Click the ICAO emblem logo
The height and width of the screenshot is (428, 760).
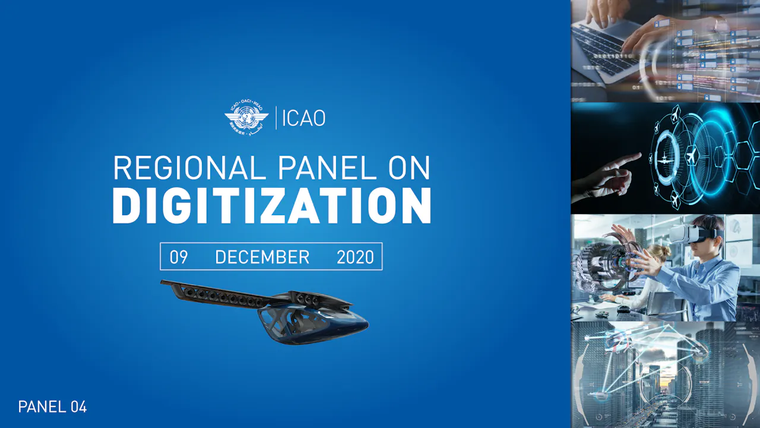point(246,117)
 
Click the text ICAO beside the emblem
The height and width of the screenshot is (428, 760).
point(303,118)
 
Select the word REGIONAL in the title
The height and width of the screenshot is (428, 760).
point(189,168)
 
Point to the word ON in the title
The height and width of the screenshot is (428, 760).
point(409,168)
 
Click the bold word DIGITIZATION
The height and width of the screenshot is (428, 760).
point(271,206)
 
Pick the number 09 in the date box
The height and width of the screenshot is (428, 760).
point(179,257)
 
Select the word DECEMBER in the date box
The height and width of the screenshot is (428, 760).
point(262,257)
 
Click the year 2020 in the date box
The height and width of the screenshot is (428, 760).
point(355,257)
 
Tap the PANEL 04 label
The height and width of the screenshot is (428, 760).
point(52,407)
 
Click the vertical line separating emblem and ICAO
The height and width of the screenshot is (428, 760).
point(276,118)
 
